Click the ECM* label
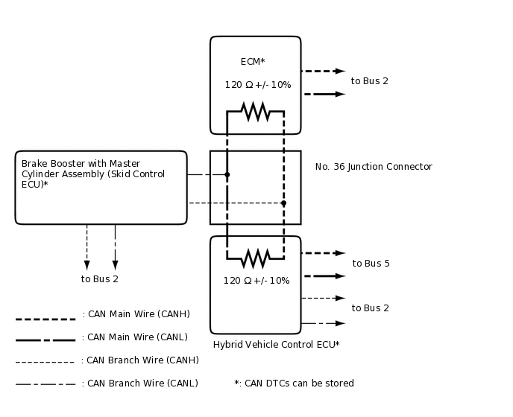tap(253, 62)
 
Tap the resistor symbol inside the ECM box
tap(255, 112)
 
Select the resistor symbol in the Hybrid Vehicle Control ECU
tap(255, 258)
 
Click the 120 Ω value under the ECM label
tap(257, 85)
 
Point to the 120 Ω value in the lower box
tap(256, 281)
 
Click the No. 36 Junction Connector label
tap(373, 167)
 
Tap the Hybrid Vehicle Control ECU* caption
tap(276, 345)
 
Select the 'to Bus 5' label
tap(371, 264)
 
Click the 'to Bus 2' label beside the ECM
tap(369, 81)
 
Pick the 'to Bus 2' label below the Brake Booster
tap(100, 279)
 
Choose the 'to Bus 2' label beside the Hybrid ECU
tap(370, 308)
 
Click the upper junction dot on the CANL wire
tap(227, 174)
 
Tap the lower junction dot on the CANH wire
tap(283, 203)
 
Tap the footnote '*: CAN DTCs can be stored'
tap(294, 383)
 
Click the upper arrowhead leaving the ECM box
tap(340, 71)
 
